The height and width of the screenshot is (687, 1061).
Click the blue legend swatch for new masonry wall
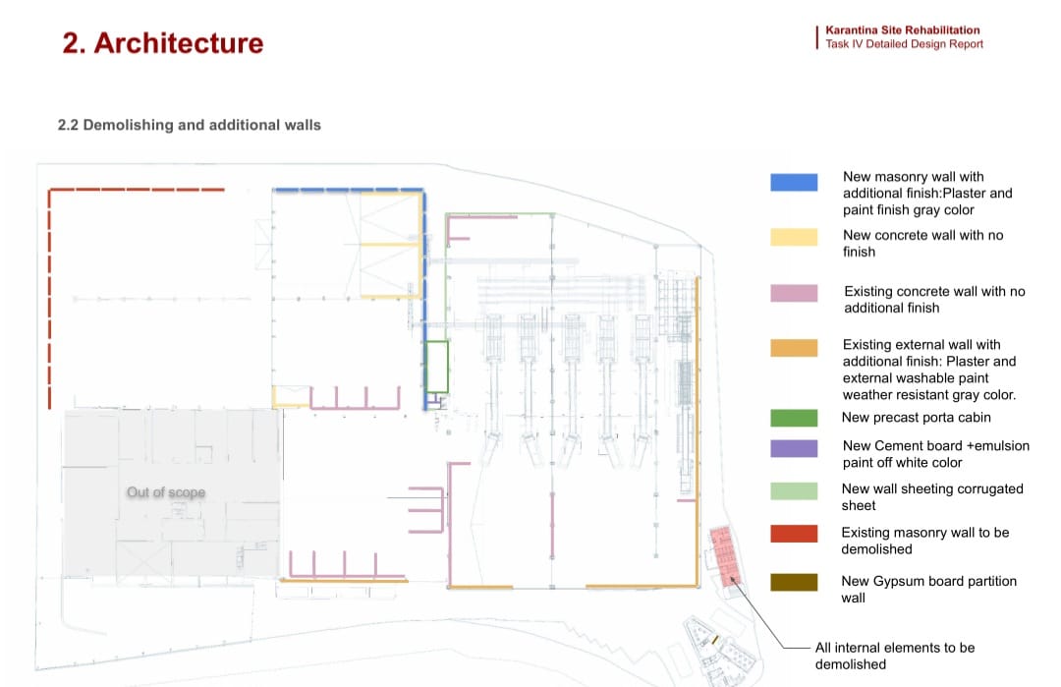pyautogui.click(x=794, y=182)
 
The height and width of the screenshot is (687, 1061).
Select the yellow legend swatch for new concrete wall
pyautogui.click(x=794, y=236)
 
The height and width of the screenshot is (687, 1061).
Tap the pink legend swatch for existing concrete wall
pyautogui.click(x=794, y=293)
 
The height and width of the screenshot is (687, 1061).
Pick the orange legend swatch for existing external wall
pyautogui.click(x=794, y=348)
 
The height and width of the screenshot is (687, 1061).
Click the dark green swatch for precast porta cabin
pyautogui.click(x=794, y=419)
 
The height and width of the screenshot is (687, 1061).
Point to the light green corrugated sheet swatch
pyautogui.click(x=794, y=490)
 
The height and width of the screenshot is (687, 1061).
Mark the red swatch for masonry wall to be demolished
pyautogui.click(x=794, y=534)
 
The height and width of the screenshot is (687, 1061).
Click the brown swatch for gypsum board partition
pyautogui.click(x=794, y=583)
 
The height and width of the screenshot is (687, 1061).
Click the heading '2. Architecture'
pyautogui.click(x=163, y=43)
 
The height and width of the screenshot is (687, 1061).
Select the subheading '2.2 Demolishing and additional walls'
pyautogui.click(x=190, y=125)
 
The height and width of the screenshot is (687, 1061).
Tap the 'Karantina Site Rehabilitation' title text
pyautogui.click(x=902, y=30)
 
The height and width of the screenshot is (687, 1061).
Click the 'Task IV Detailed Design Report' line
pyautogui.click(x=904, y=44)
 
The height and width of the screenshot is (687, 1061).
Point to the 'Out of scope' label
pyautogui.click(x=166, y=491)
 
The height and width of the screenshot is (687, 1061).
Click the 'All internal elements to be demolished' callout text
pyautogui.click(x=894, y=656)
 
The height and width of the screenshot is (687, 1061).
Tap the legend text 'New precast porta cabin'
pyautogui.click(x=917, y=418)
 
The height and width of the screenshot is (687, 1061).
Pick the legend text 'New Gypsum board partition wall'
pyautogui.click(x=928, y=589)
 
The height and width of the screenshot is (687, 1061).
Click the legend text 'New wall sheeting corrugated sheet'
pyautogui.click(x=932, y=496)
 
